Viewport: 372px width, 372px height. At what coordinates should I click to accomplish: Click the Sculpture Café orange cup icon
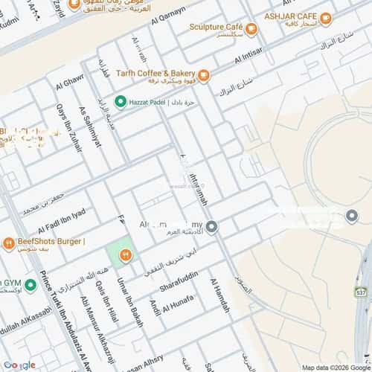click(x=251, y=28)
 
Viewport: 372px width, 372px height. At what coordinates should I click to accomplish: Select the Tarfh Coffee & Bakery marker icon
click(x=204, y=74)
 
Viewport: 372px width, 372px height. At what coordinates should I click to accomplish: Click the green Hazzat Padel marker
click(x=120, y=101)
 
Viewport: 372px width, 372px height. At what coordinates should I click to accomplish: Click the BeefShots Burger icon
click(x=7, y=242)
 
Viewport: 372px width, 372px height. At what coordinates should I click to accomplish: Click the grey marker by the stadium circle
click(x=353, y=216)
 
